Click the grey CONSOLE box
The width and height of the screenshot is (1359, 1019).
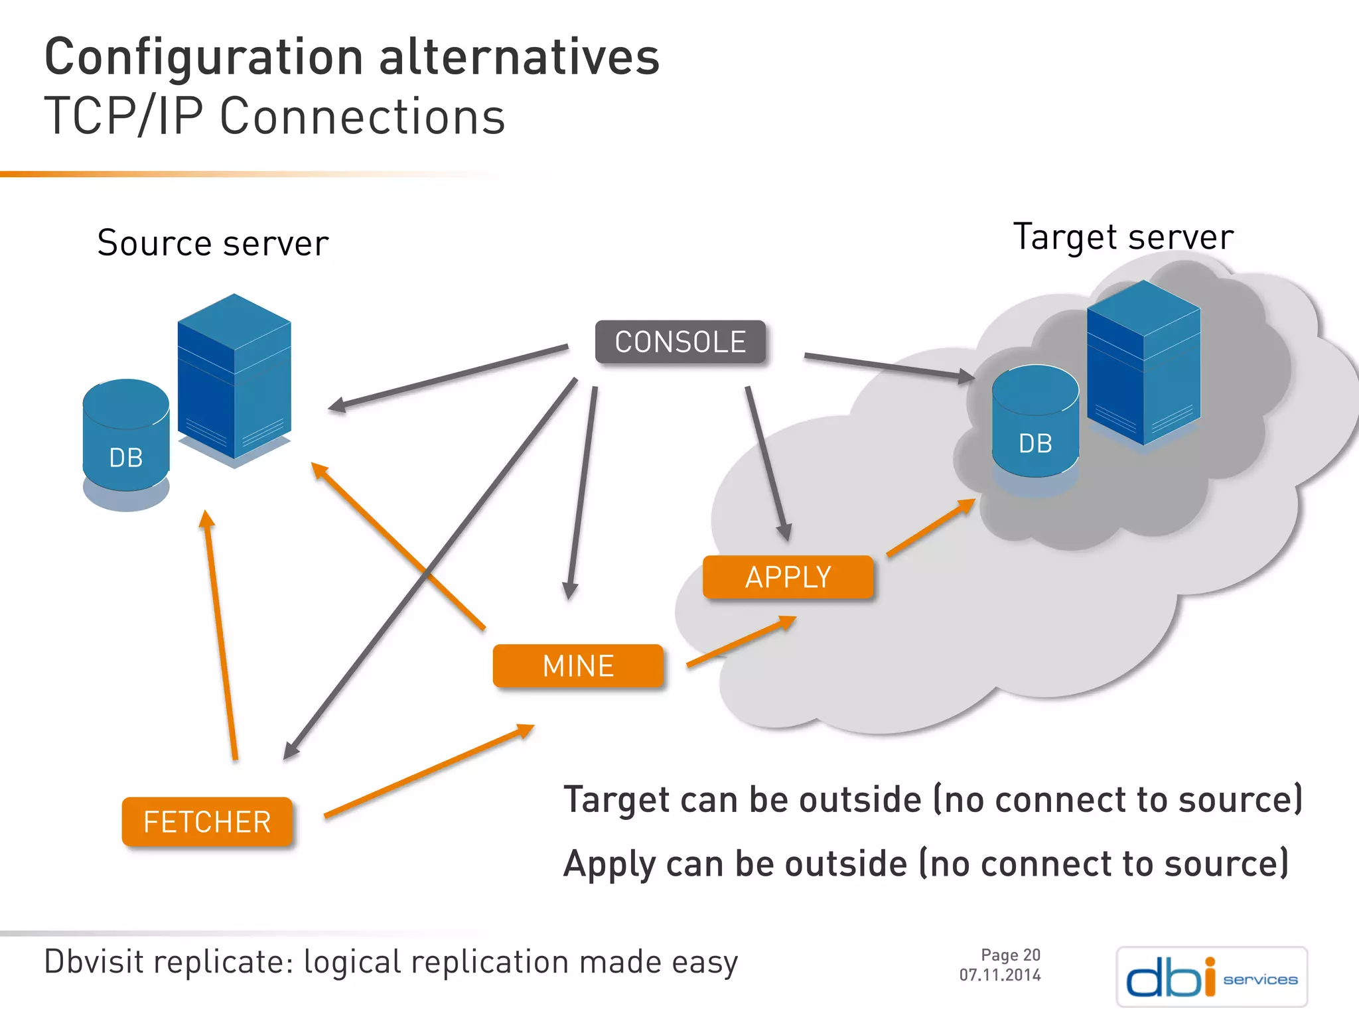point(680,342)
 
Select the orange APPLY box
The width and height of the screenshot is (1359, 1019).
point(788,577)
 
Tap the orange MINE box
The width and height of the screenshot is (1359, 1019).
point(578,665)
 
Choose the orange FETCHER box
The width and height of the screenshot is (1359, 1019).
point(207,822)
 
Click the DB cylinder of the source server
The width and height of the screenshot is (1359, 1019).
point(126,438)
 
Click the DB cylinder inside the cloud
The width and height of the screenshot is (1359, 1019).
point(1035,425)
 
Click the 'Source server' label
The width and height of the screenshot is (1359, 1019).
point(212,243)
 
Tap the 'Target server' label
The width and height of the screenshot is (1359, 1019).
point(1123,237)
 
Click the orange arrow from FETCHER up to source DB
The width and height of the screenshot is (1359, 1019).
point(221,637)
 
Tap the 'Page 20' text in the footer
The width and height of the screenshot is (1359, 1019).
point(1010,955)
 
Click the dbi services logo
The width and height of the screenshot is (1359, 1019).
point(1211,977)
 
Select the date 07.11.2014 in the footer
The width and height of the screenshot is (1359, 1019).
point(999,975)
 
